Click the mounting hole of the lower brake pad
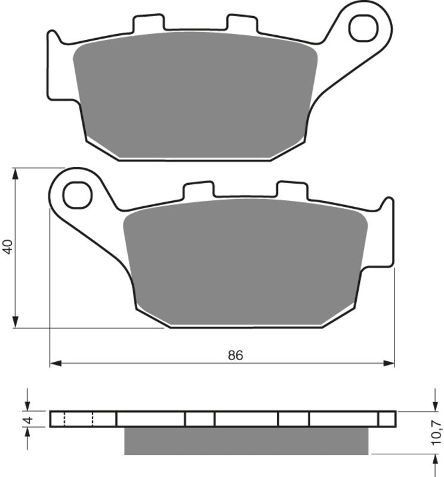click(x=77, y=195)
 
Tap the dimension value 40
click(x=8, y=247)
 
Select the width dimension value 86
click(x=235, y=355)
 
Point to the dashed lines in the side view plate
click(x=78, y=419)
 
